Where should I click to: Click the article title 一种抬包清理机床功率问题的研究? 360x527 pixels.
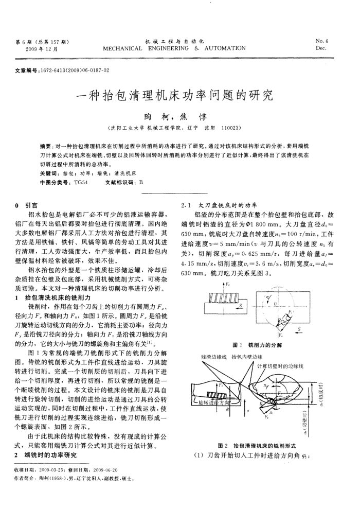(174, 95)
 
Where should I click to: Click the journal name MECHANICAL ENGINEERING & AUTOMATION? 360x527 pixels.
(174, 48)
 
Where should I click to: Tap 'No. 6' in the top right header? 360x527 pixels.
(323, 41)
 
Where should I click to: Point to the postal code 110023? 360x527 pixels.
(227, 127)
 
